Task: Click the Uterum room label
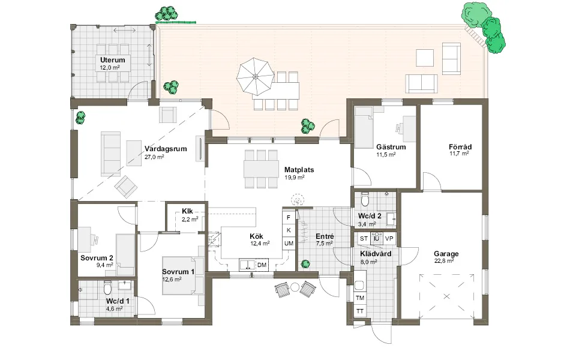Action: tap(112, 60)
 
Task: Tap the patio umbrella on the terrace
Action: tap(256, 77)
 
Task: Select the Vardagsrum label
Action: tap(166, 149)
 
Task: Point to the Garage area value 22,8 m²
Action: tap(444, 261)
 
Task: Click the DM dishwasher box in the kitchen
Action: tap(262, 265)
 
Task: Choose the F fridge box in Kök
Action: tap(289, 217)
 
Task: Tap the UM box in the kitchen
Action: tap(289, 243)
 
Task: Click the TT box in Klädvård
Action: tap(360, 311)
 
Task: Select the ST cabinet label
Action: tap(364, 238)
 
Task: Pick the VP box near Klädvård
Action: tap(389, 238)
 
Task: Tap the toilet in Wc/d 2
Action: tap(365, 199)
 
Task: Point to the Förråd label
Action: tap(460, 147)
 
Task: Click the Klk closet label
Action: tap(187, 211)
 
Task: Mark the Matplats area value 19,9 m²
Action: tap(294, 178)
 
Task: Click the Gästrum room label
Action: tap(391, 147)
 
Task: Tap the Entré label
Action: tap(325, 236)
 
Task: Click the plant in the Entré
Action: tap(305, 264)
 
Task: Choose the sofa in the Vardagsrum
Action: tap(111, 154)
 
